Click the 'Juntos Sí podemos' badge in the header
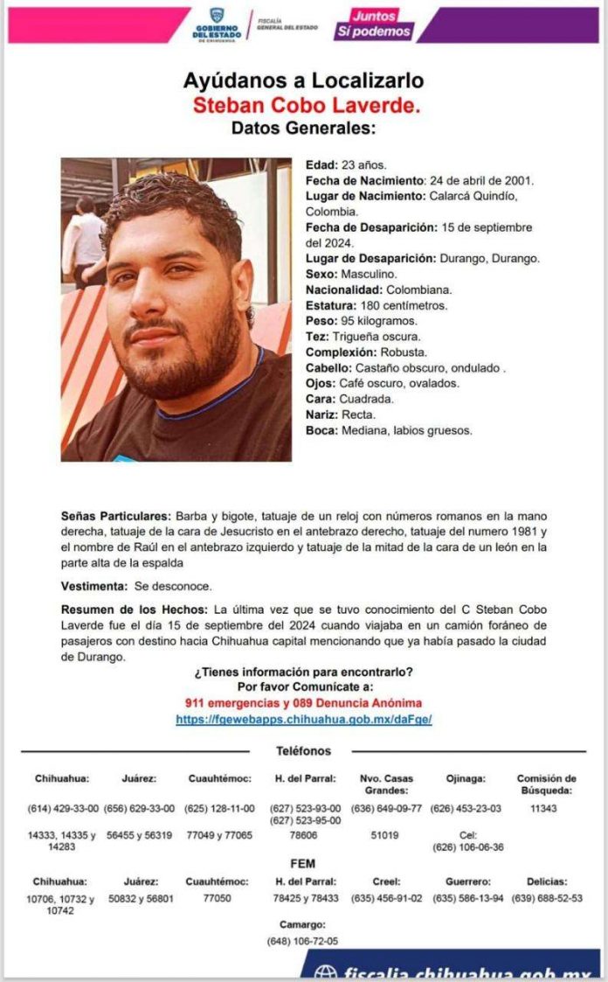(372, 24)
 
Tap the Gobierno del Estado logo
(216, 24)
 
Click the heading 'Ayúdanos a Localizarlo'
(303, 81)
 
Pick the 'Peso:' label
(321, 321)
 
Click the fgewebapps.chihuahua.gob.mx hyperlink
(304, 719)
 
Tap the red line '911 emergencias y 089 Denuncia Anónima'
(303, 703)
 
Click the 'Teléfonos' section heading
(303, 751)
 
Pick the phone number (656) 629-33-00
(139, 808)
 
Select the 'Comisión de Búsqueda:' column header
(546, 784)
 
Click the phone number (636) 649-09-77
(385, 808)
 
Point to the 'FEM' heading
(303, 864)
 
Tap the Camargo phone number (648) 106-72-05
(302, 941)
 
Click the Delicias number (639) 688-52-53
(547, 898)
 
